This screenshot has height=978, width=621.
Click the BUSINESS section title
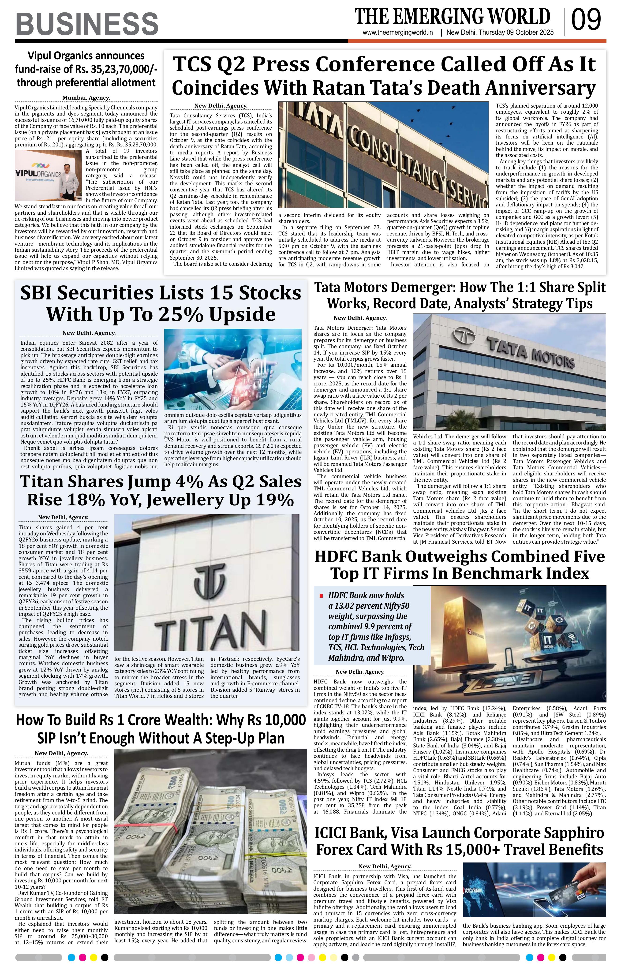[86, 24]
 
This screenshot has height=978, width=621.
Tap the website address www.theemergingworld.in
[398, 33]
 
